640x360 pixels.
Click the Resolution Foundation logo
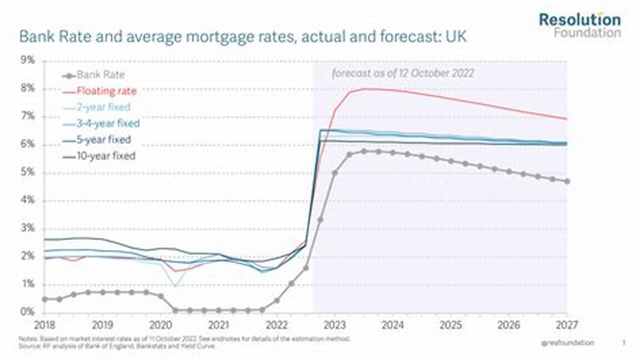click(x=579, y=25)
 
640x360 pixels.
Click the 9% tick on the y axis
click(x=28, y=60)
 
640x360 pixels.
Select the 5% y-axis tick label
click(x=28, y=172)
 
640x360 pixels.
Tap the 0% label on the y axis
click(x=28, y=312)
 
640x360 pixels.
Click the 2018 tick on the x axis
click(x=45, y=324)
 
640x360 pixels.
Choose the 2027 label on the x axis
click(x=566, y=324)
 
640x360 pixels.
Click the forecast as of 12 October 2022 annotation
click(x=403, y=73)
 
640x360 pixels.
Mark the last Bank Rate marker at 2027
click(x=567, y=181)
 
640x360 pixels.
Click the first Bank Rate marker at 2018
click(x=45, y=299)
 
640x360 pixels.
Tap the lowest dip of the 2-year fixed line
click(x=175, y=285)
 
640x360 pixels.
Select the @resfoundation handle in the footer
click(x=567, y=342)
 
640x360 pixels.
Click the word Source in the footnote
click(x=27, y=345)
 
